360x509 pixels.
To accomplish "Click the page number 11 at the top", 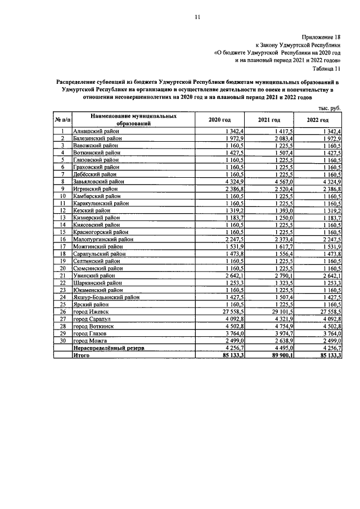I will click(x=197, y=17).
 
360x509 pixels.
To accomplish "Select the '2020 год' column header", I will click(x=219, y=120).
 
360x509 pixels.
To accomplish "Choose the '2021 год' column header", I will click(x=269, y=120).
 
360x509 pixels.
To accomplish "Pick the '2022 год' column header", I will click(x=318, y=120).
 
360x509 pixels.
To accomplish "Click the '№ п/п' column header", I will click(x=62, y=120).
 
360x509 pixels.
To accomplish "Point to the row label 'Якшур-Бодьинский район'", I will click(x=106, y=298).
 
